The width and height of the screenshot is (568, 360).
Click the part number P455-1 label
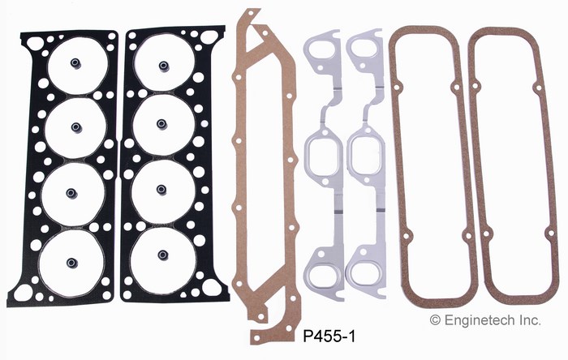[329, 336]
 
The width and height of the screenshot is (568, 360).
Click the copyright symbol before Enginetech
[435, 319]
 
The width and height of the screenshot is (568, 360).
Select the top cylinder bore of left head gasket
[78, 65]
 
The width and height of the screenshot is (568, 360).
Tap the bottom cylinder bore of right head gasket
[163, 259]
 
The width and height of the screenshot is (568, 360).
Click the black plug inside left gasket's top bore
[75, 64]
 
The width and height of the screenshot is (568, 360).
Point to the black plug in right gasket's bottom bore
[163, 255]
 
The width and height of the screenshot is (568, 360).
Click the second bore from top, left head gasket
[76, 128]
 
